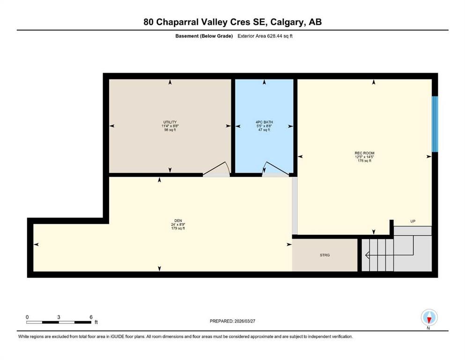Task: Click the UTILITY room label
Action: [170, 122]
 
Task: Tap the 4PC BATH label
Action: [265, 122]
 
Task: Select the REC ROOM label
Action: [364, 153]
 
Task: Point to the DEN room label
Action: [178, 221]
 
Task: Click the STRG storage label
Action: [325, 255]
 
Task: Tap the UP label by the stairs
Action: [413, 221]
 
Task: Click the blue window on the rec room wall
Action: [435, 124]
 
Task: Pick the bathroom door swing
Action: [272, 168]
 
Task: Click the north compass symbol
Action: [429, 317]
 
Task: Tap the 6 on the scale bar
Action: [90, 317]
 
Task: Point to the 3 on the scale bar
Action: [59, 317]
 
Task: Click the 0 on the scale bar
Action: [27, 317]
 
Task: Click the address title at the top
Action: [232, 22]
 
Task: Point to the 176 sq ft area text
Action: [364, 161]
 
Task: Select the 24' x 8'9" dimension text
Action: [178, 225]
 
